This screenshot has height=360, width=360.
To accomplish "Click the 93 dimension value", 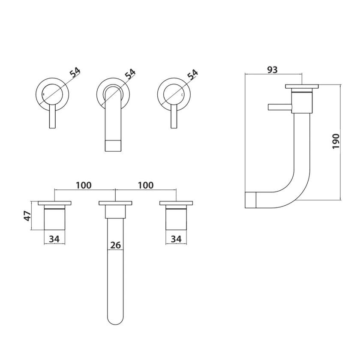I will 273,69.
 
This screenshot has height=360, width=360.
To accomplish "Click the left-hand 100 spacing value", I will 84,185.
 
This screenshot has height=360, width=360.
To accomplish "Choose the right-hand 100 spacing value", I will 146,185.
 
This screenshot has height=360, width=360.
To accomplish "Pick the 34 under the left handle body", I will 54,238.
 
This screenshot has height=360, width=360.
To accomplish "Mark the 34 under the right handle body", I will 176,238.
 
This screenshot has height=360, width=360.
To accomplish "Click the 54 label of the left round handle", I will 75,72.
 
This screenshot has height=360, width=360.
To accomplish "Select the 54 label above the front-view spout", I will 130,74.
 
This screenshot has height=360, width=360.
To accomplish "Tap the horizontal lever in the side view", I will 279,107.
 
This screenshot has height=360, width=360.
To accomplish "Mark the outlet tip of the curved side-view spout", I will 250,200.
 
